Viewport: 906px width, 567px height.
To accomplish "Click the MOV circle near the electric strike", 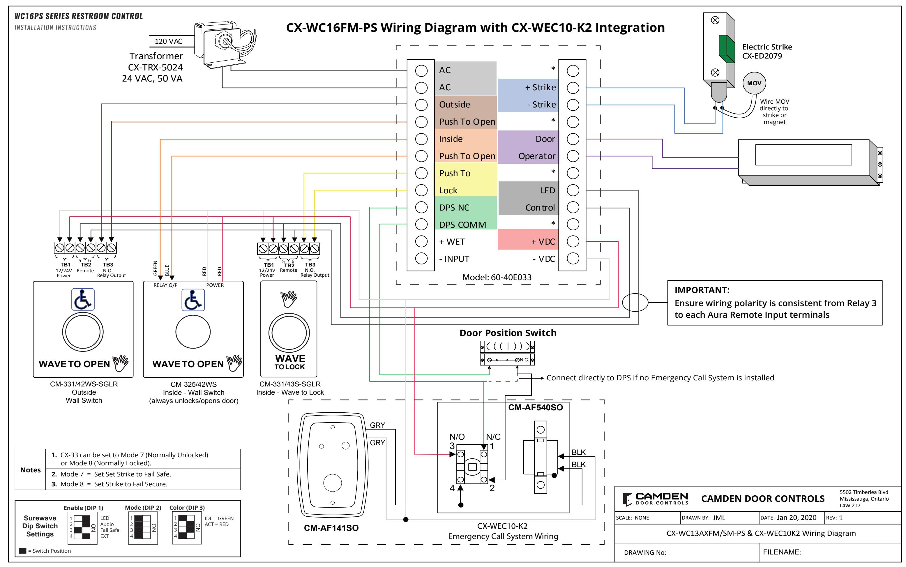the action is tap(754, 83).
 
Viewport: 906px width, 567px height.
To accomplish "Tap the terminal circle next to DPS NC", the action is tap(421, 207).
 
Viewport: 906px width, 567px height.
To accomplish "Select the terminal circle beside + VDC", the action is tap(573, 241).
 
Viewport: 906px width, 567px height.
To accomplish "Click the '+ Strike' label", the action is tap(541, 87).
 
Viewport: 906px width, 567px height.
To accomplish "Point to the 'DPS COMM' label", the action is tap(462, 225).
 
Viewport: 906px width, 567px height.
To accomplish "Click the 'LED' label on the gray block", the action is tap(548, 190).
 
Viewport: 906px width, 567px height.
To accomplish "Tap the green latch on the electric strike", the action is tap(726, 49).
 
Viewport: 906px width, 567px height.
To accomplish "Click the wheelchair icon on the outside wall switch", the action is tap(83, 299).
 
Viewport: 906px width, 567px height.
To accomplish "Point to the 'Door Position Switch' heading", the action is tap(508, 333).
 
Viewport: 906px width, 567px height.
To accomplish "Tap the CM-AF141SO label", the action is tap(331, 528).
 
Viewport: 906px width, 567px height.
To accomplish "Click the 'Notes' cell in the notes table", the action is tap(30, 470).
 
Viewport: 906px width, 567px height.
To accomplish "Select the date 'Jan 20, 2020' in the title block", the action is tap(796, 518).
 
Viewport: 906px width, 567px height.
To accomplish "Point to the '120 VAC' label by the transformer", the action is tap(169, 41).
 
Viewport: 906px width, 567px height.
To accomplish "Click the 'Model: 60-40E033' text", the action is tap(497, 278).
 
